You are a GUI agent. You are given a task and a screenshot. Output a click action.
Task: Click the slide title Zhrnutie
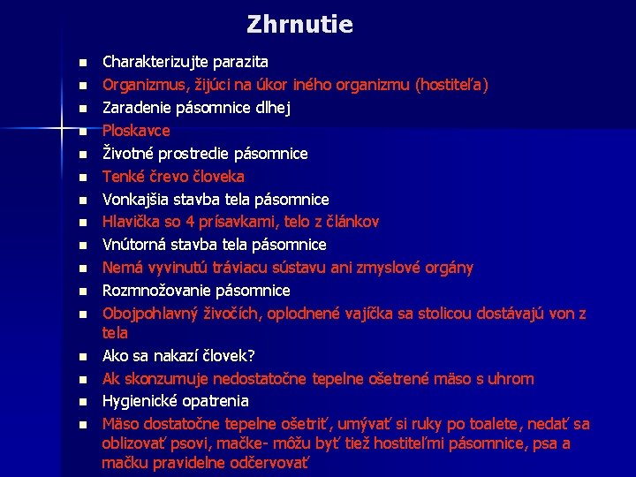299,24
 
